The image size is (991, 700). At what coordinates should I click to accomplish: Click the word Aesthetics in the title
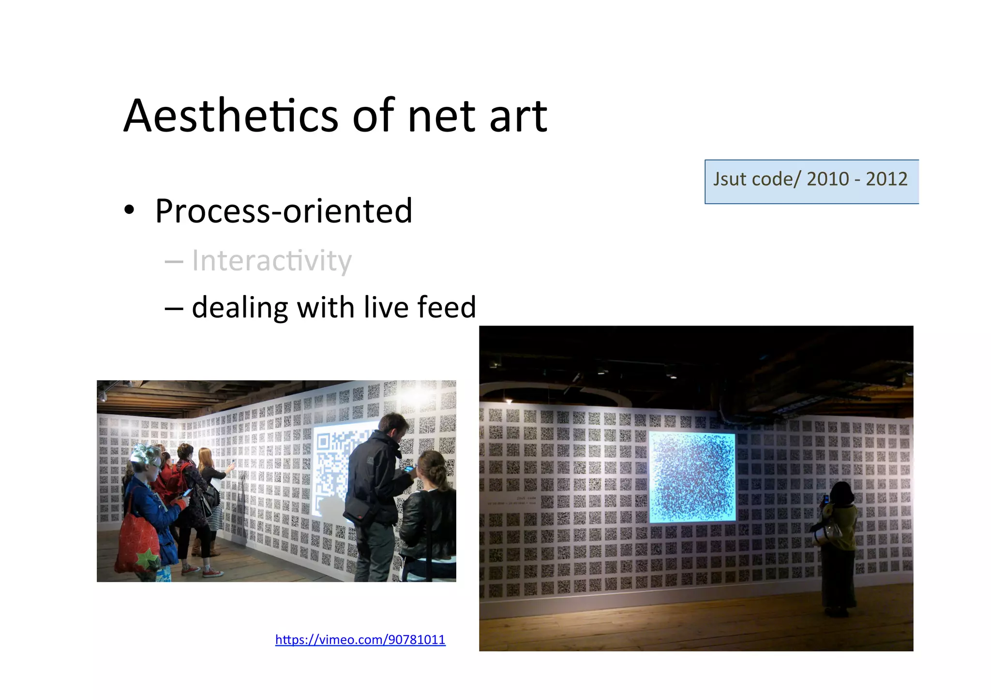231,116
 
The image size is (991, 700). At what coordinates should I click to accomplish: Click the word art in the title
518,117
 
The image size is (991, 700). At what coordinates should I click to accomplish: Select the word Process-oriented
284,211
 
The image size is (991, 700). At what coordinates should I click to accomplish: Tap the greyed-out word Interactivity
271,261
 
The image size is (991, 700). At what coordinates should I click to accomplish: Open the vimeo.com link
360,640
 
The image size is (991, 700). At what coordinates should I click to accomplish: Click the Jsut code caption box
811,181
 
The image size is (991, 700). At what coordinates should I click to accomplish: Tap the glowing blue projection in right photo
691,477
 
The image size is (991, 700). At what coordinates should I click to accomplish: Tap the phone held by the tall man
409,468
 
